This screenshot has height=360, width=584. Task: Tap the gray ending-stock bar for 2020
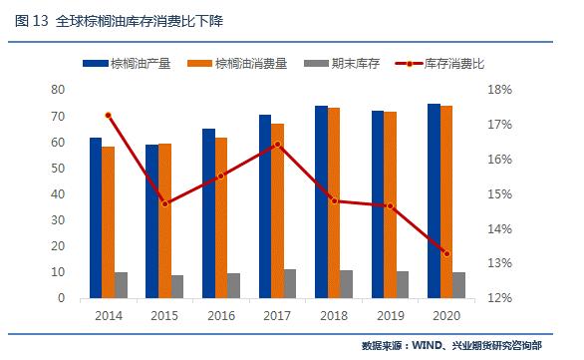point(459,285)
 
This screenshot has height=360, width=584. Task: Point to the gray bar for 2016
point(234,285)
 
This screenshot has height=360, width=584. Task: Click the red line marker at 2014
point(109,116)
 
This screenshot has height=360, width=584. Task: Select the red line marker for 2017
point(278,145)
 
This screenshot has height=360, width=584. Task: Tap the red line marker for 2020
point(446,254)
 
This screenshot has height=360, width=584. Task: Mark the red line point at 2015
point(164,203)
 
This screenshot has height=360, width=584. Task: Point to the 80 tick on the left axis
point(59,90)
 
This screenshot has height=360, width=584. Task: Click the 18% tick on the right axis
point(499,90)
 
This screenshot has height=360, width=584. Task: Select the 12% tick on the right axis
point(499,298)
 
